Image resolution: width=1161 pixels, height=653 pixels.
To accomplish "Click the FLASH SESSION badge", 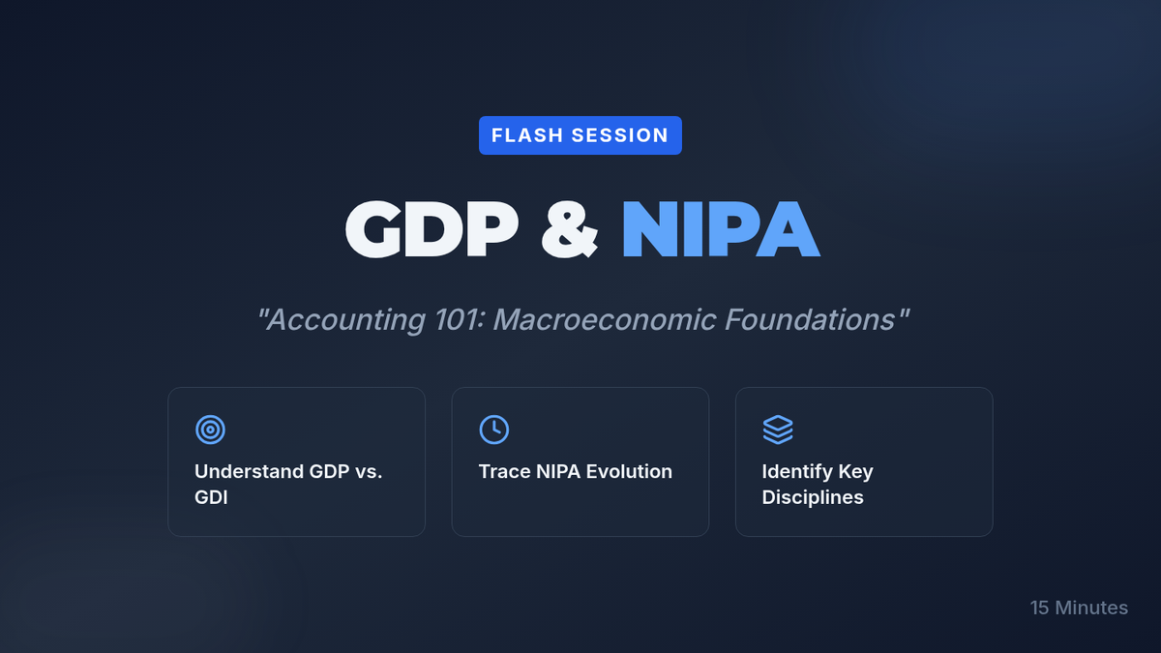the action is click(x=580, y=135).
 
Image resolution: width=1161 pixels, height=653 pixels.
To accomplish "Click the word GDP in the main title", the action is click(x=432, y=229).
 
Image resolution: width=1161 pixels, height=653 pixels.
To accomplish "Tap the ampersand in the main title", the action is click(x=569, y=229).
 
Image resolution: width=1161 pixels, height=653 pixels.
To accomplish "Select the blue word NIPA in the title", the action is click(x=721, y=229).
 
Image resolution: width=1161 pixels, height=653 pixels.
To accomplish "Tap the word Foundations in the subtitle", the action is click(x=810, y=318).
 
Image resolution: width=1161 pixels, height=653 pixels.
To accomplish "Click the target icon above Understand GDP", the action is click(x=211, y=430).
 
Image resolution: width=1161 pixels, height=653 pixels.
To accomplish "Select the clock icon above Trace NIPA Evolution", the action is click(x=494, y=430).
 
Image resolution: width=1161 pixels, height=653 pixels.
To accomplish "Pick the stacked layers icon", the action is click(x=778, y=430).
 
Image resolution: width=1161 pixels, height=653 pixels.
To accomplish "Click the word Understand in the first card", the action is click(x=249, y=472).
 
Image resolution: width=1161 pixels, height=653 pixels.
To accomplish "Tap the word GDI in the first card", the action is click(x=211, y=497).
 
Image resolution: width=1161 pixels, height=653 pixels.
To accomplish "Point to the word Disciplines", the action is click(x=813, y=497).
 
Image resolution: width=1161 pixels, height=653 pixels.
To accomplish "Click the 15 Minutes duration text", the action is click(x=1079, y=608).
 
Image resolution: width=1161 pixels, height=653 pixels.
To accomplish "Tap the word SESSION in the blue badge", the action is click(x=620, y=135).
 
